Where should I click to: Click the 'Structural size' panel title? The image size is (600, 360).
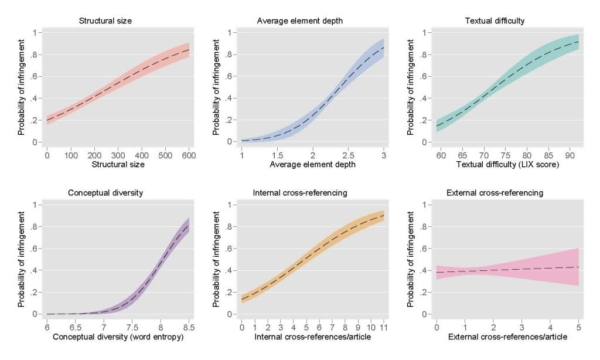[x=105, y=21]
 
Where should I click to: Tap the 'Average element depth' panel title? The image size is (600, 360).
[x=300, y=21]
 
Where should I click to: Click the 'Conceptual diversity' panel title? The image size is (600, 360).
[x=105, y=193]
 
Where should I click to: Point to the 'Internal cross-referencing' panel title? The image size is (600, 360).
[x=300, y=193]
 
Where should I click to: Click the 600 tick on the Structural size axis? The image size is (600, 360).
[x=189, y=156]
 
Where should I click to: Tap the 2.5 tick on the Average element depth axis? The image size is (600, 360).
[x=347, y=156]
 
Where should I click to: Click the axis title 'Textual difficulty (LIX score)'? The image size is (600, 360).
[x=507, y=165]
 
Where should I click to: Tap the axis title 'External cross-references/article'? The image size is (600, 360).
[x=507, y=337]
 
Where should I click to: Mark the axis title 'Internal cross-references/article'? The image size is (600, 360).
[x=312, y=337]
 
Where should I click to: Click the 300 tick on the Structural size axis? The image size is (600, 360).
[x=118, y=156]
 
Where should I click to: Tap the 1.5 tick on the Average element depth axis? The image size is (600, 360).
[x=277, y=156]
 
